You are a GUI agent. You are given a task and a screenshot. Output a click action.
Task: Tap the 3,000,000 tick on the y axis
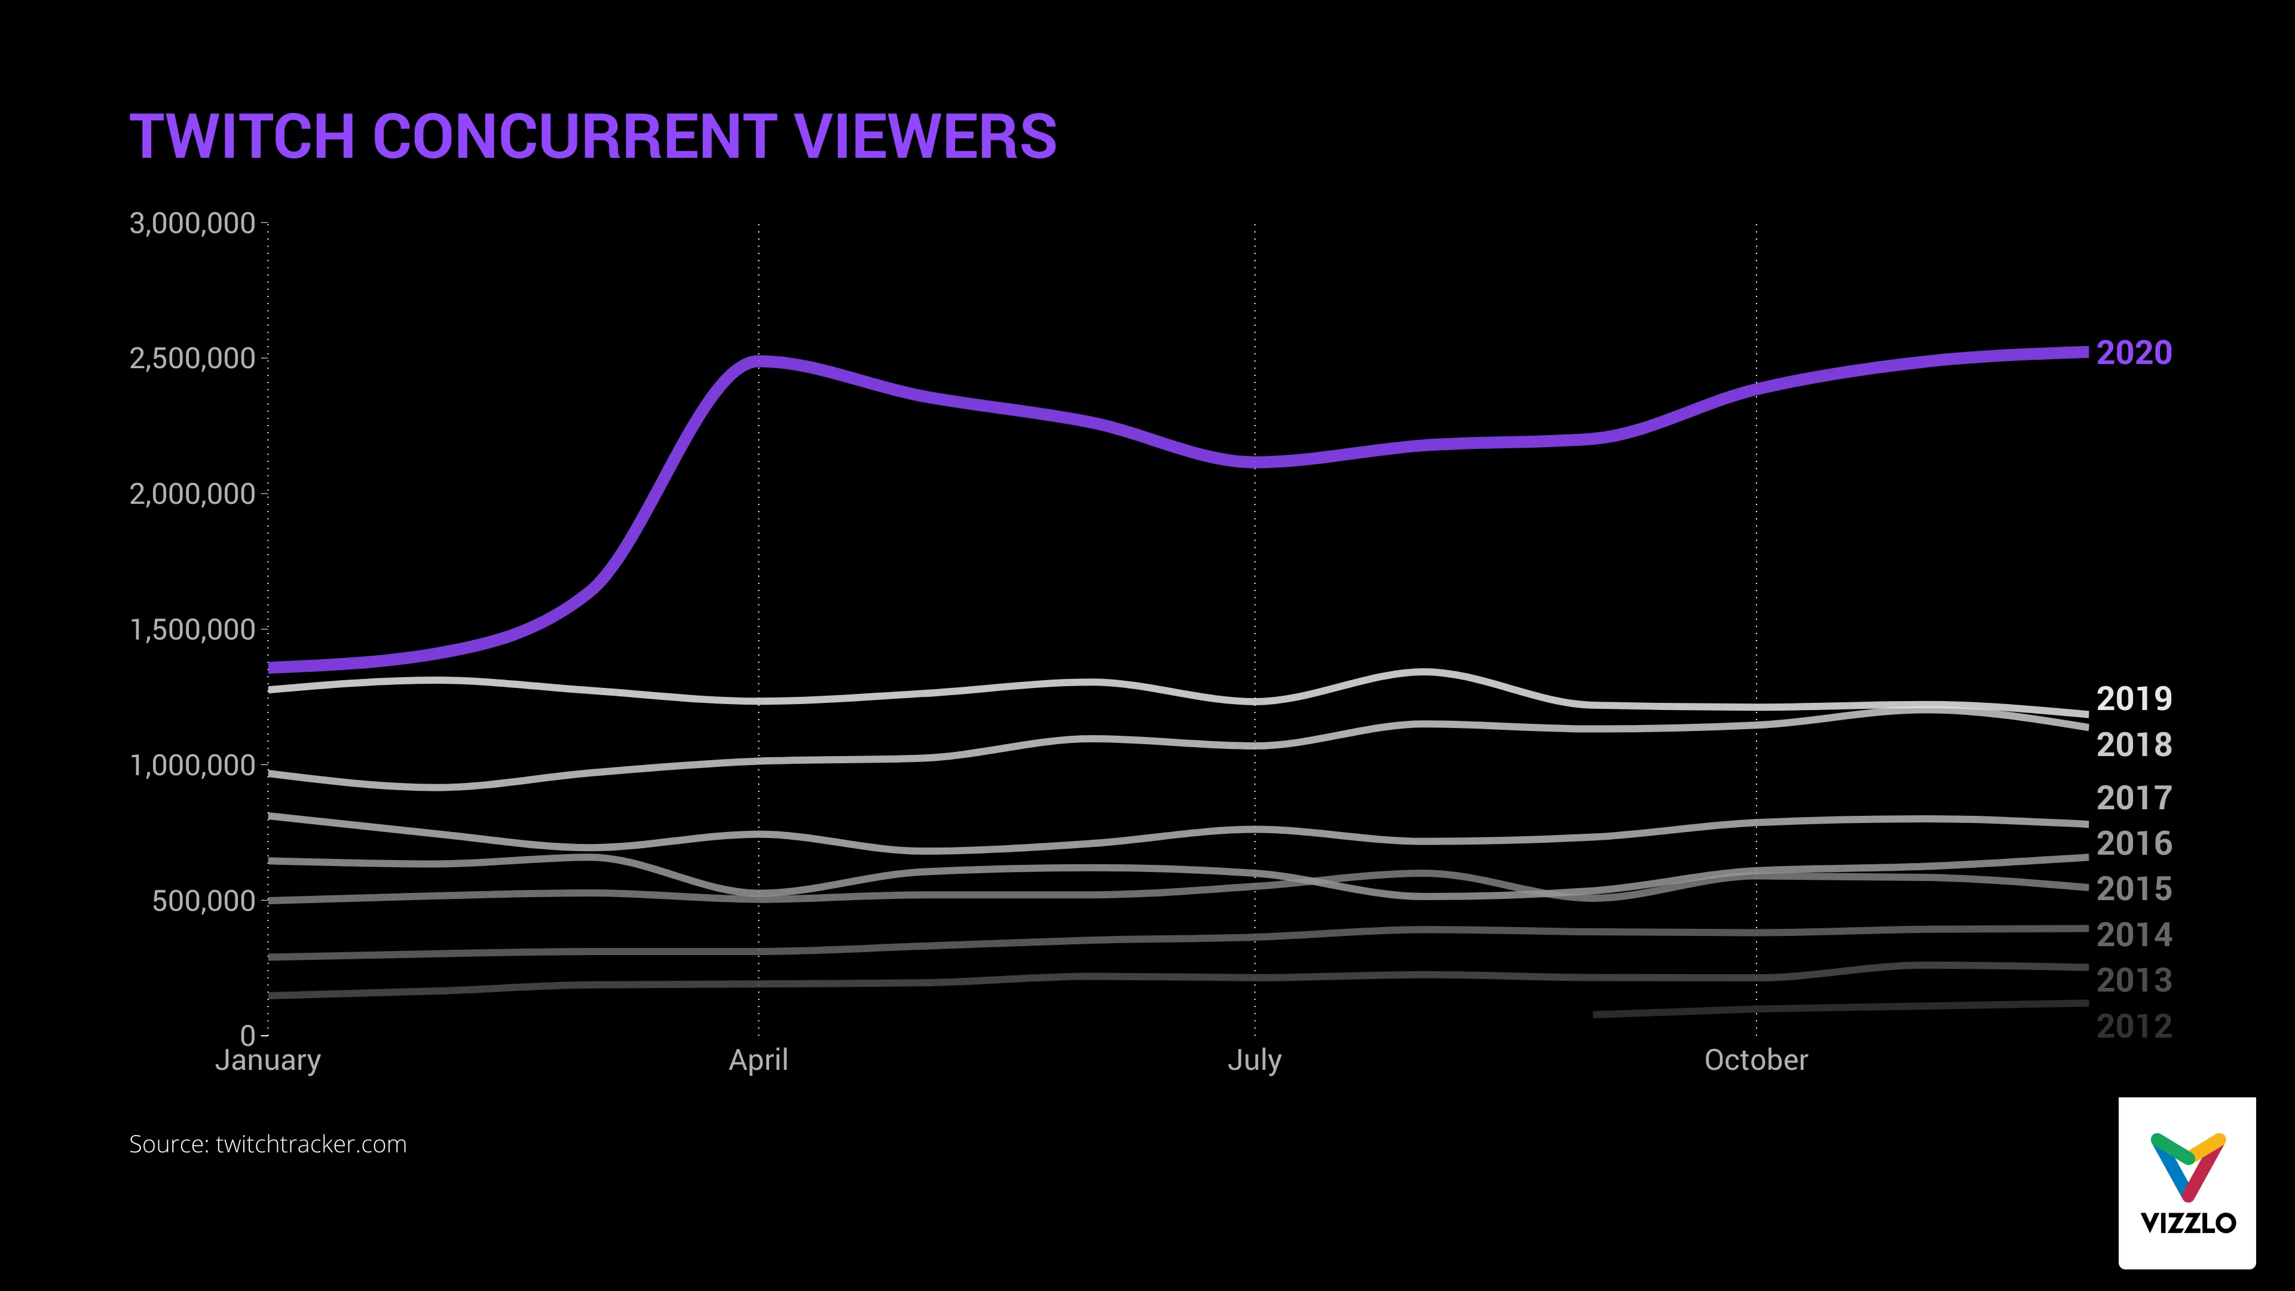(192, 223)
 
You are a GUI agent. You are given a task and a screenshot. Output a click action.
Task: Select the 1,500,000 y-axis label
(192, 630)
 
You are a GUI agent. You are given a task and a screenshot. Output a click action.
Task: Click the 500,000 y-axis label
(203, 901)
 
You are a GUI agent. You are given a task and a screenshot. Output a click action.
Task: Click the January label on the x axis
(267, 1060)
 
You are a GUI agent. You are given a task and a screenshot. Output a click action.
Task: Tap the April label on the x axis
(758, 1060)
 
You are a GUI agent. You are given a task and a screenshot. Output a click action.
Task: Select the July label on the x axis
(1254, 1060)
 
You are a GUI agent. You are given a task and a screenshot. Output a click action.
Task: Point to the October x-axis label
(1756, 1060)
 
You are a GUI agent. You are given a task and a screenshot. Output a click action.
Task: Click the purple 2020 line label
(2134, 353)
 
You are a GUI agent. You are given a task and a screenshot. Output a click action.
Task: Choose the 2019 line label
(2134, 699)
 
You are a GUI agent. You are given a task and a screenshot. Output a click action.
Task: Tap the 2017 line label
(2134, 797)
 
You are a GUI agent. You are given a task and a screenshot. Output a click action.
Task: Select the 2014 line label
(2134, 935)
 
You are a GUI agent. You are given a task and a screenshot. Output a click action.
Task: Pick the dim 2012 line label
(2134, 1026)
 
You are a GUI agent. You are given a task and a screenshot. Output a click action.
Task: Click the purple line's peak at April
(758, 362)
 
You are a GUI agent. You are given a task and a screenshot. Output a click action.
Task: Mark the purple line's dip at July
(1254, 461)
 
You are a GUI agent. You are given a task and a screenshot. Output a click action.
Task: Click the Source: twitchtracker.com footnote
(267, 1144)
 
